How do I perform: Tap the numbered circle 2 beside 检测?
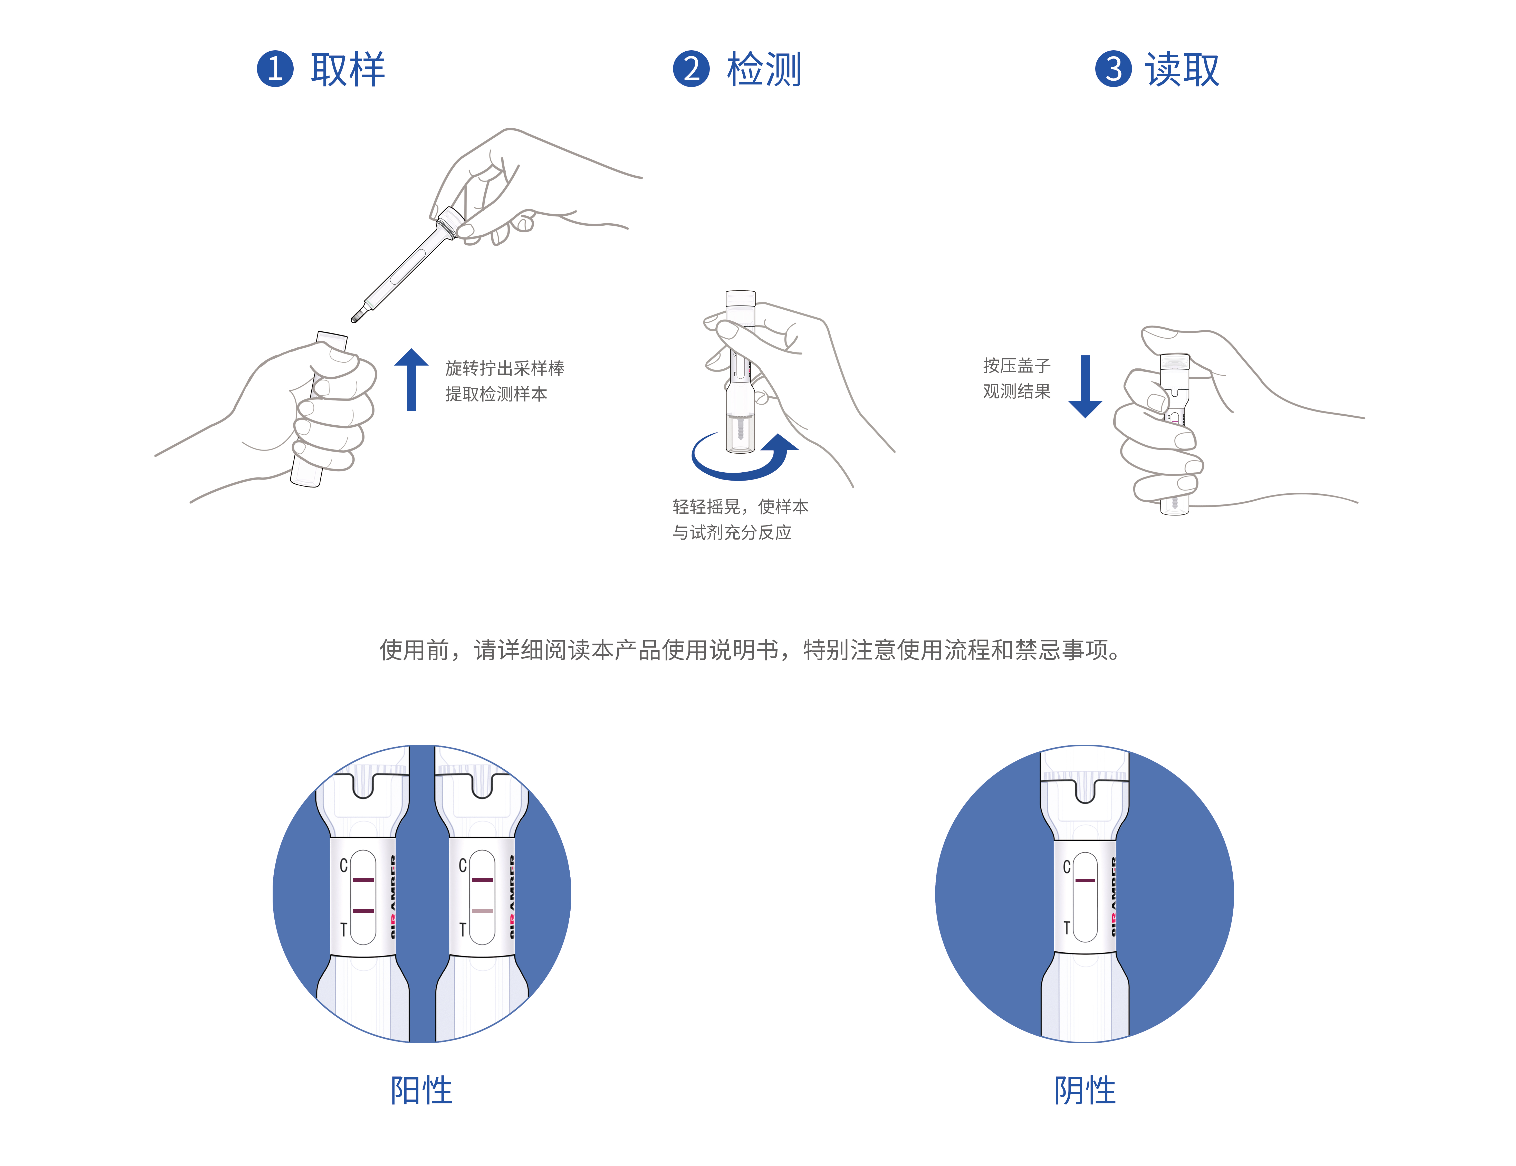coord(691,69)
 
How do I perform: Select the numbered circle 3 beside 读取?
coord(1113,69)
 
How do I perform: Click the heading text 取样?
coord(348,69)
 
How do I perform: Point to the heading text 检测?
coord(764,69)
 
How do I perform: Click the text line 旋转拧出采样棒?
coord(504,368)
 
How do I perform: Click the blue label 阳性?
coord(421,1090)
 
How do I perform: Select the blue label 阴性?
coord(1085,1090)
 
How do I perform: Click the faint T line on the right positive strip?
coord(482,911)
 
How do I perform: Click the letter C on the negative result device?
coord(1066,867)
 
